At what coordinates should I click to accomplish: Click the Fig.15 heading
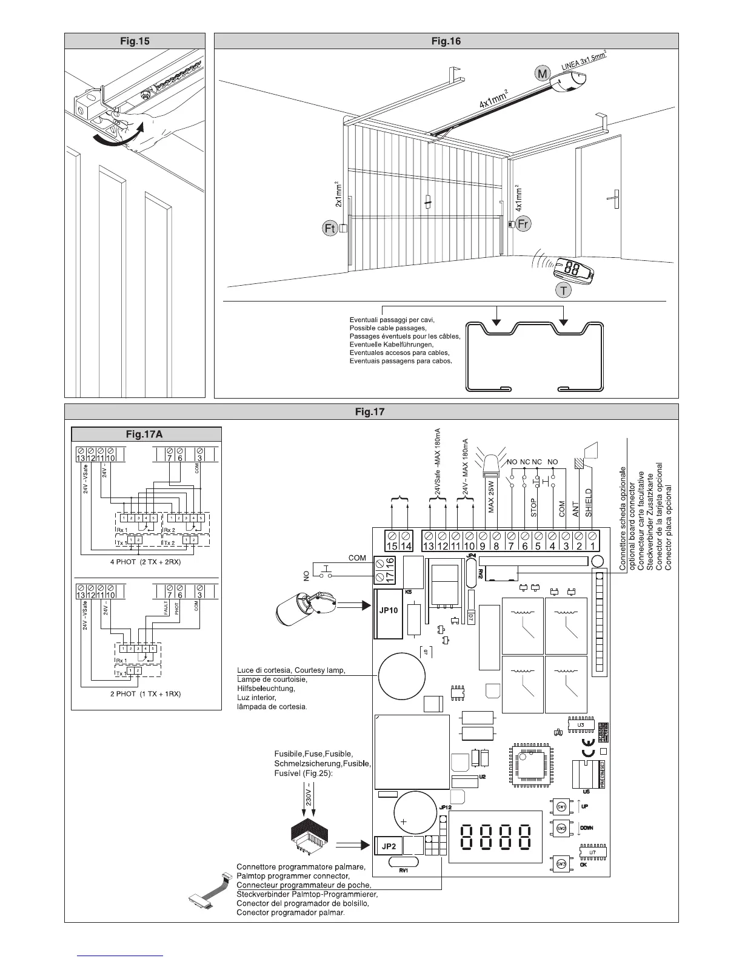[x=135, y=41]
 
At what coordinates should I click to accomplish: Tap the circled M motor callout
[x=542, y=74]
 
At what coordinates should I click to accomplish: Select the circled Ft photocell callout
[x=329, y=229]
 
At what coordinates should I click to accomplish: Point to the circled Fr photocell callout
[x=523, y=224]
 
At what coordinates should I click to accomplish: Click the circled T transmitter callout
[x=564, y=291]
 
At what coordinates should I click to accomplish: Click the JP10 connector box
[x=388, y=610]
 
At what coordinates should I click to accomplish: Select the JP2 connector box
[x=388, y=845]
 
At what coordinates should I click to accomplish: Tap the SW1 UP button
[x=561, y=806]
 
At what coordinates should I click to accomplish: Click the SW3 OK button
[x=561, y=864]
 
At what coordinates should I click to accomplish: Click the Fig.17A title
[x=146, y=434]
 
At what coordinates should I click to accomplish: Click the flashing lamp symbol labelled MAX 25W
[x=489, y=465]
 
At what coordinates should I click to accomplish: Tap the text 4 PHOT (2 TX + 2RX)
[x=145, y=562]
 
